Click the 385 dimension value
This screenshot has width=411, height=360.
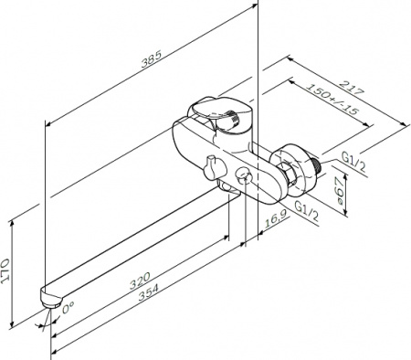tap(151, 58)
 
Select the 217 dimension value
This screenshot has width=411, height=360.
tap(352, 89)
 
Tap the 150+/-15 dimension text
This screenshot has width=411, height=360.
tap(332, 99)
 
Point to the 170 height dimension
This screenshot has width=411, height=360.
tap(5, 271)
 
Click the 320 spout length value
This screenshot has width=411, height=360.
tap(140, 281)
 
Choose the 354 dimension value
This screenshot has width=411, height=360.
tap(149, 292)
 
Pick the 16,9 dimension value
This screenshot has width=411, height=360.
tap(275, 219)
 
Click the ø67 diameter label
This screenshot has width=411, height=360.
tap(338, 191)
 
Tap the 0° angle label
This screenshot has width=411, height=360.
tap(68, 308)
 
